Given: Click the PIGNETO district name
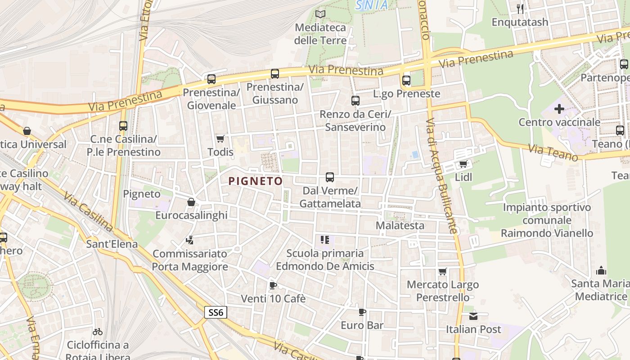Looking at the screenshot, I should coord(256,181).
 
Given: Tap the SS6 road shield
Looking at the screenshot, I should coord(216,312).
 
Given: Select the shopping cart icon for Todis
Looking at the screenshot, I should coord(220,139).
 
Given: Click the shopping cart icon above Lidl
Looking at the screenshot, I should coord(463,164).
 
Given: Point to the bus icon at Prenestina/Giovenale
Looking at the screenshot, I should coord(211,79).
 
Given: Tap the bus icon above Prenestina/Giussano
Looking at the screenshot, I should coord(275,74).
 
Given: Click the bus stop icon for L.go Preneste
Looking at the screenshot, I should coord(406,81).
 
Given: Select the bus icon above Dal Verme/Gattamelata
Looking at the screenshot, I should coord(330,177).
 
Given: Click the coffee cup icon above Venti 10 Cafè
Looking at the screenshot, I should coord(273,285).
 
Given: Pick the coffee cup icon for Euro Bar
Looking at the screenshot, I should coord(362,312).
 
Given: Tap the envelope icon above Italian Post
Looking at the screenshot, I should coord(473,316).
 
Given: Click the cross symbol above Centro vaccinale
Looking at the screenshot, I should coord(559,109).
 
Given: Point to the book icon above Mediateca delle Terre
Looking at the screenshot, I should coord(320,14).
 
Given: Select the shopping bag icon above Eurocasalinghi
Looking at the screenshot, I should coord(191,202).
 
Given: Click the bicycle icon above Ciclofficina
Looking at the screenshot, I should coord(98,332).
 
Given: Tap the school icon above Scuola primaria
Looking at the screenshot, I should coord(325,240).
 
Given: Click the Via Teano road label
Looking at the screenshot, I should coord(553,153).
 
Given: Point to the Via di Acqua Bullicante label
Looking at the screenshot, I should coord(442,176).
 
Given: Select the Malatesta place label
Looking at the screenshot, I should coord(400,225).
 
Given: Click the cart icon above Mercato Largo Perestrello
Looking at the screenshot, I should coord(443,271).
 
